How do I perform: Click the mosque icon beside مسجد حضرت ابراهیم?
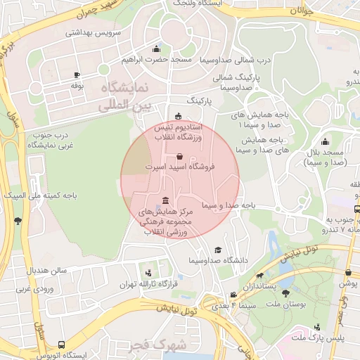(156, 49)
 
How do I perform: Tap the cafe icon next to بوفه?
(77, 75)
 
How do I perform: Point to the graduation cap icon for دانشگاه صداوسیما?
(218, 250)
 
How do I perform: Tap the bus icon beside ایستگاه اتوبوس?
(63, 345)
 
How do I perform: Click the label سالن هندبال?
(47, 271)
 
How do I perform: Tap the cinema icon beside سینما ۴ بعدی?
(233, 295)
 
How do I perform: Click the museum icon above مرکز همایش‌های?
(165, 200)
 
